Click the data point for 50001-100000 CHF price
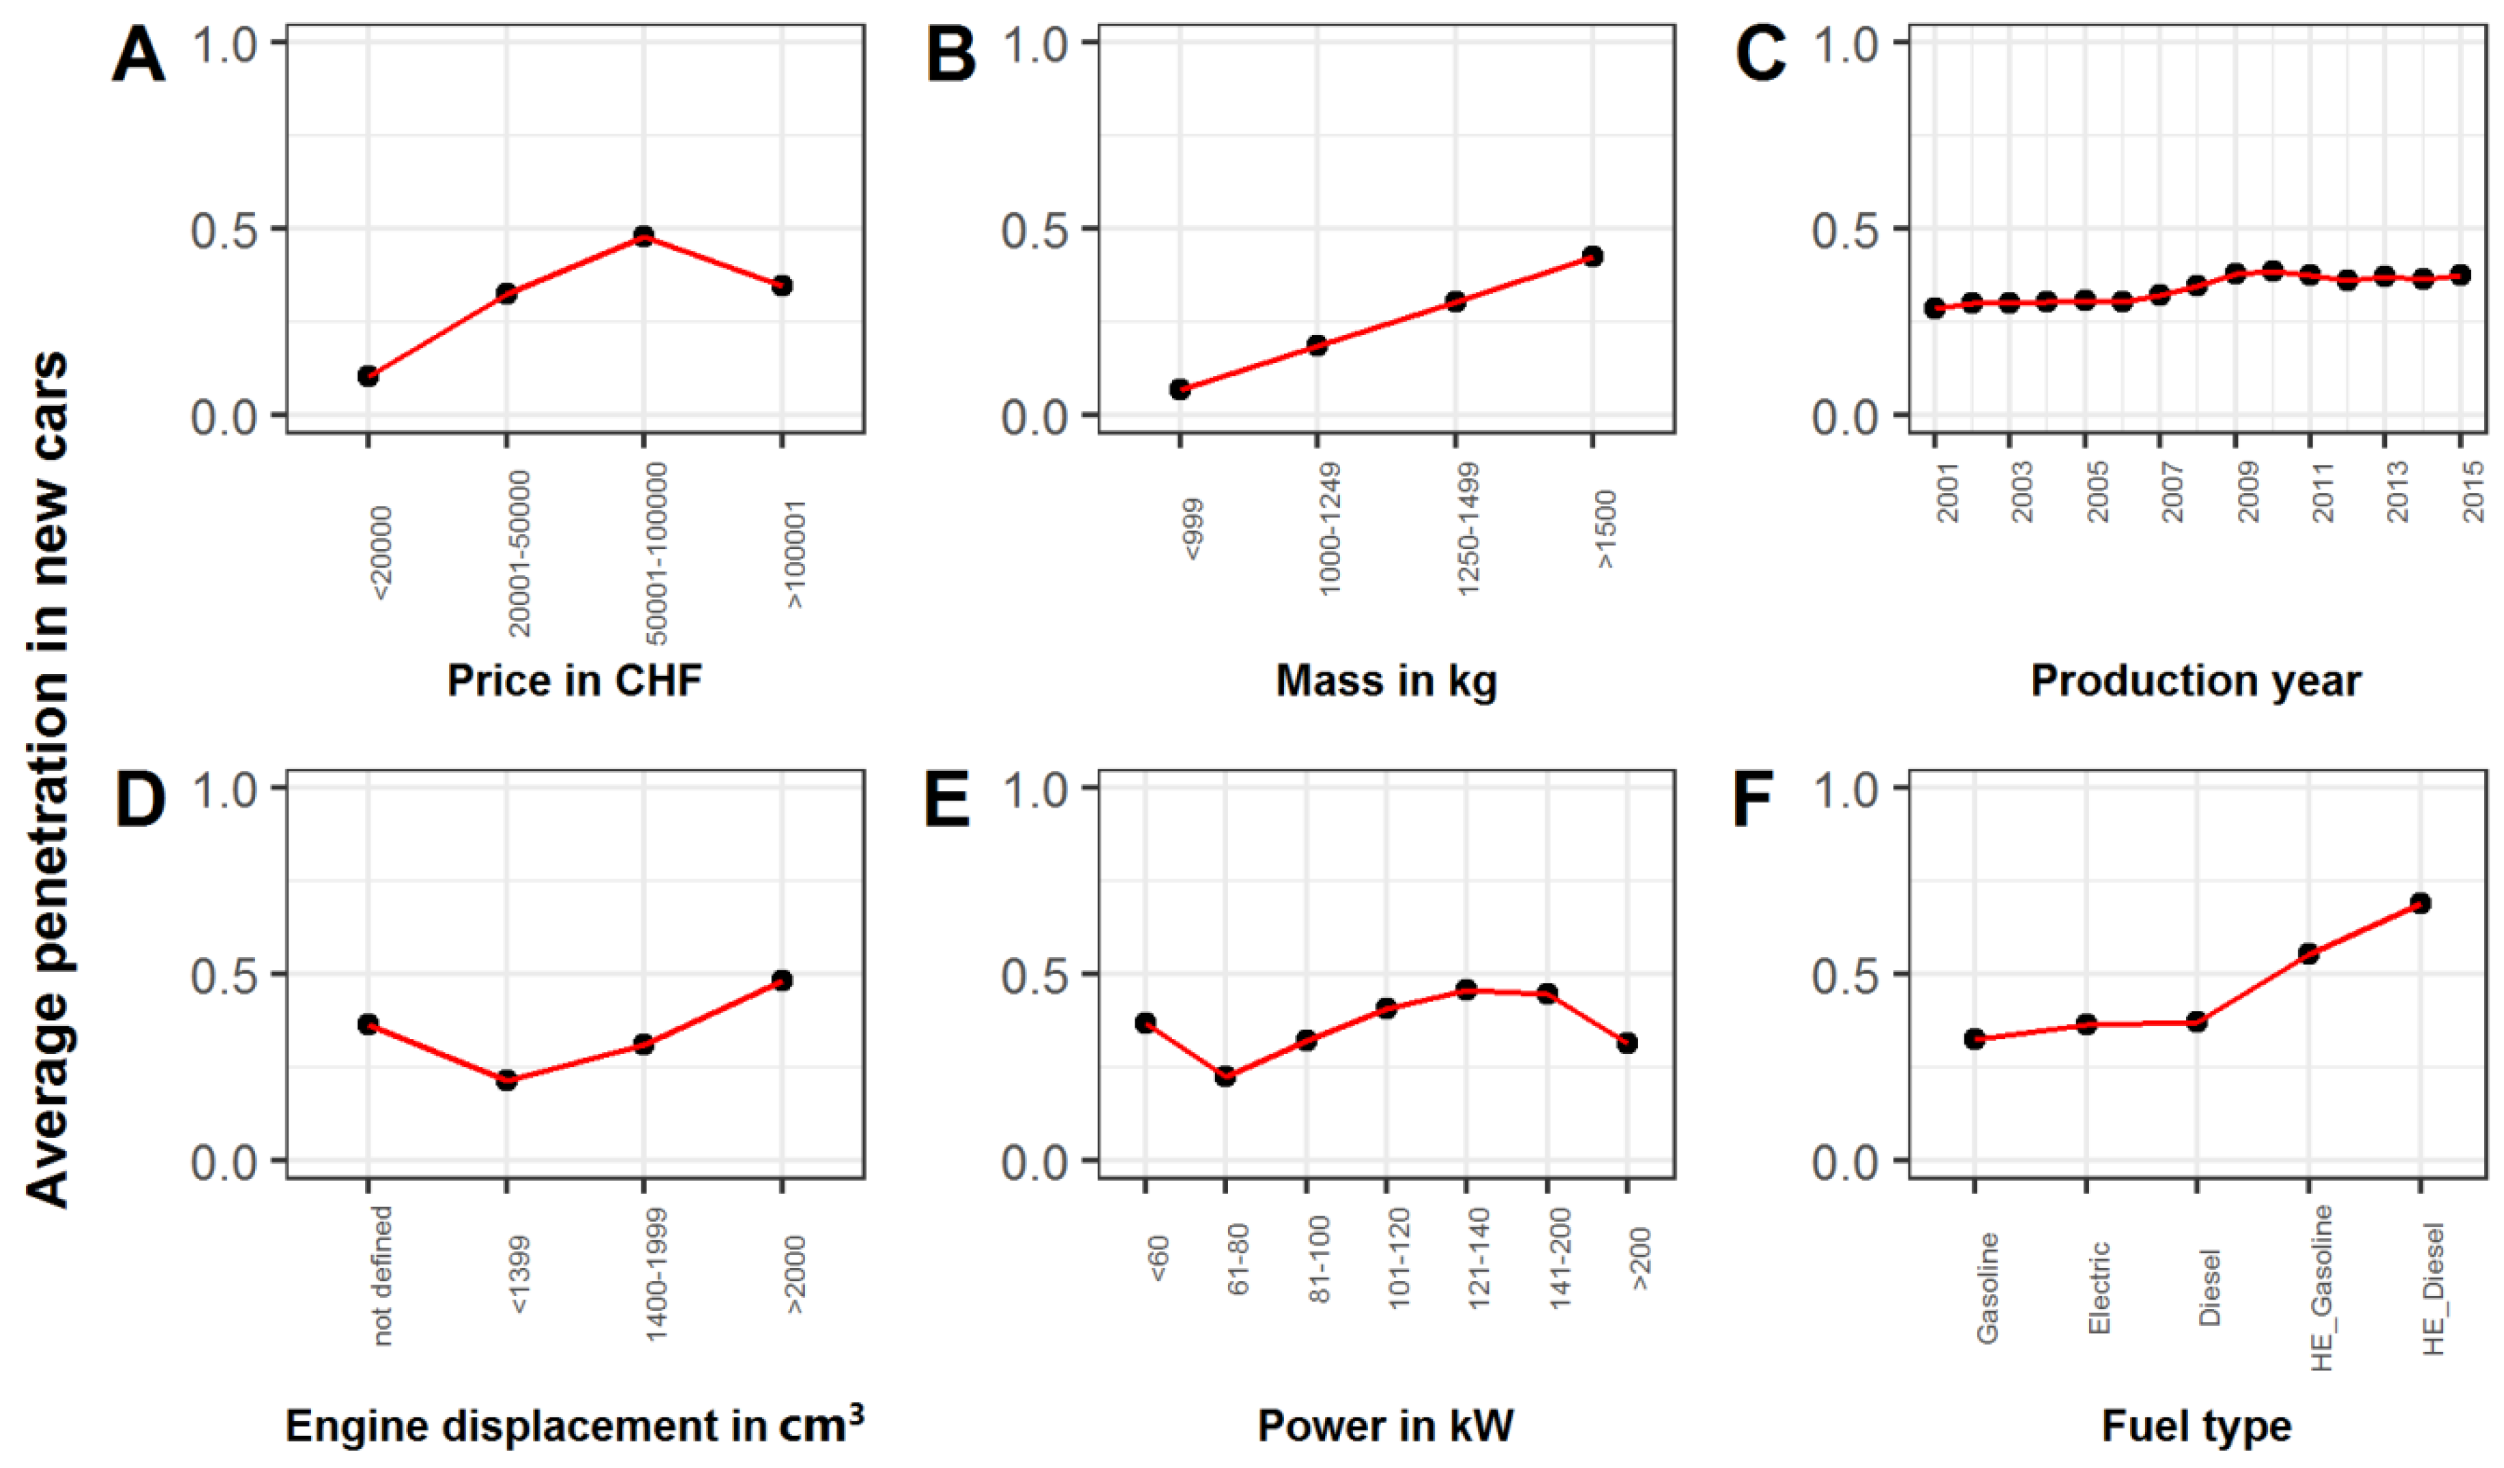pyautogui.click(x=644, y=237)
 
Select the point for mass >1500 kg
pyautogui.click(x=1593, y=256)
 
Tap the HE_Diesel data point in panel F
pyautogui.click(x=2421, y=903)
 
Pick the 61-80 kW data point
pyautogui.click(x=1225, y=1076)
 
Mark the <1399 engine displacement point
pyautogui.click(x=507, y=1080)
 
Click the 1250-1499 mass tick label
pyautogui.click(x=1468, y=529)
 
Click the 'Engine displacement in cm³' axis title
pyautogui.click(x=574, y=1425)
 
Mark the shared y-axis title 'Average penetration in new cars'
pyautogui.click(x=46, y=780)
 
